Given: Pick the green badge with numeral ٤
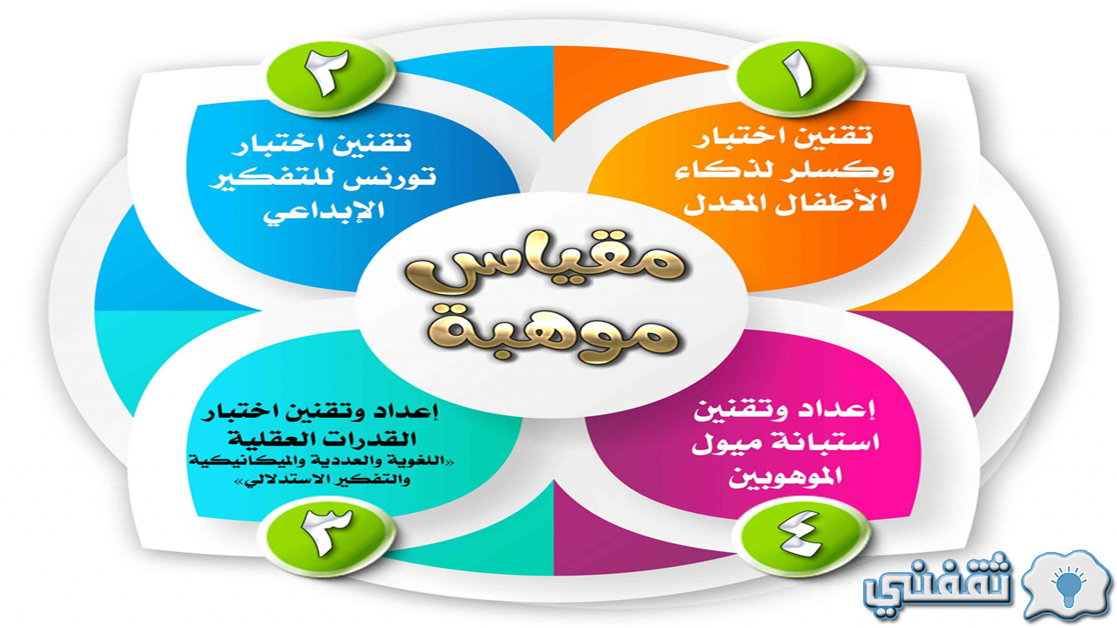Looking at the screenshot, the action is (802, 536).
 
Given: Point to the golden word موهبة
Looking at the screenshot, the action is (553, 331).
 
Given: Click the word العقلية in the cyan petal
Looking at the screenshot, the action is (271, 440).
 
